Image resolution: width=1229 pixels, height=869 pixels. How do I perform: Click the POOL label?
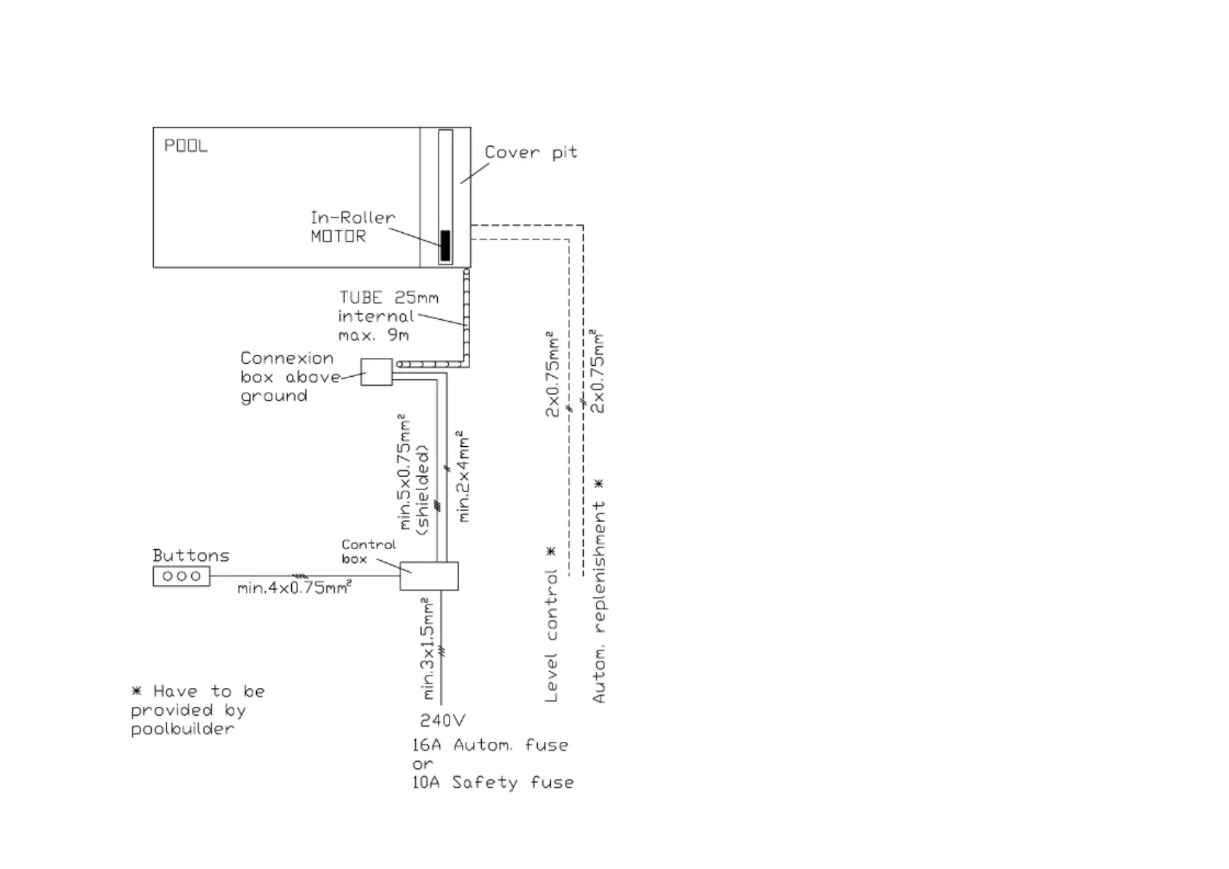(x=185, y=145)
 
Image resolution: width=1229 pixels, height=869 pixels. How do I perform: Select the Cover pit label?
(x=531, y=152)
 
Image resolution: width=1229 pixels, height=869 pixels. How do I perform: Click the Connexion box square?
(x=376, y=372)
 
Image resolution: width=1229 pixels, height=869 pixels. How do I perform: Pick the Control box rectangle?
(x=429, y=575)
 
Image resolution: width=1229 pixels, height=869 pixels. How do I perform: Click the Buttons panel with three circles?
(x=181, y=576)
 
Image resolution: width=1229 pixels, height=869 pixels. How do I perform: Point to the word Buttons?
(x=190, y=555)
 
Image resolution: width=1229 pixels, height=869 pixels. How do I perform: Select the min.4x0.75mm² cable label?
(x=294, y=588)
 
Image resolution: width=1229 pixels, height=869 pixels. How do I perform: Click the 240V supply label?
(x=442, y=720)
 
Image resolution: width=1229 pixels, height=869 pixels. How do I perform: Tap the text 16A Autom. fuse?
(x=490, y=745)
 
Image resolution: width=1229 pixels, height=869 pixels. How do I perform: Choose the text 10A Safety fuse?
(x=493, y=782)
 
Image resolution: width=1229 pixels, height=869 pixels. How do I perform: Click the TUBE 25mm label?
(x=388, y=297)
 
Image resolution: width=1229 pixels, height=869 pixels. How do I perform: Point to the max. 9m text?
(x=373, y=335)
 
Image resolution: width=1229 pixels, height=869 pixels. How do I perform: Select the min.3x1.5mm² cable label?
(x=428, y=648)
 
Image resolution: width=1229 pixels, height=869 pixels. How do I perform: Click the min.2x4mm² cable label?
(x=464, y=476)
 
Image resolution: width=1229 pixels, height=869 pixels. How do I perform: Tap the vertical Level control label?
(x=551, y=635)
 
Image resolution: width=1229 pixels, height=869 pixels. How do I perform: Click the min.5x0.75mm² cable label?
(x=406, y=473)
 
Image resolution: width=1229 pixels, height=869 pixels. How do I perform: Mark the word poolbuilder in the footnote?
(x=182, y=729)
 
